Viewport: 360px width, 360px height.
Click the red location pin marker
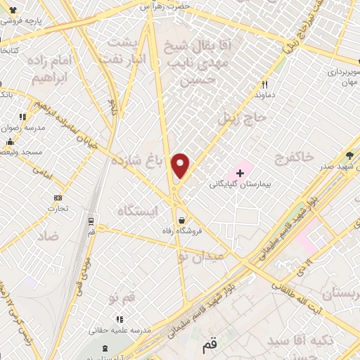pos(181,165)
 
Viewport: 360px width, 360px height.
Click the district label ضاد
pos(60,238)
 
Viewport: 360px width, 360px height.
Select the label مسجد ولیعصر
pos(22,152)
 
